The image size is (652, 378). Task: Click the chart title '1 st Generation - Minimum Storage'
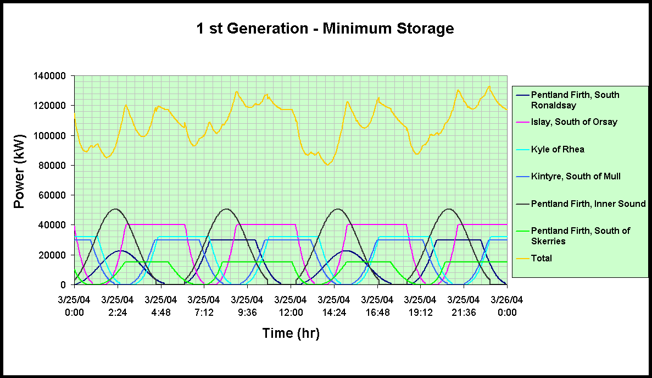[325, 29]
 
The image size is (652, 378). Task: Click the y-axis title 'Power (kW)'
[20, 172]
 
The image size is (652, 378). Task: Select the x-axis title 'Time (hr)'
[291, 333]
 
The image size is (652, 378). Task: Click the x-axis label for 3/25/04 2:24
[118, 306]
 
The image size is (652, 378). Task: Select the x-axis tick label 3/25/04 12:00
[291, 306]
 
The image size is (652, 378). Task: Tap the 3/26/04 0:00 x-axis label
[507, 306]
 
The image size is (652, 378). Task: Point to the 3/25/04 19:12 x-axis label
[420, 306]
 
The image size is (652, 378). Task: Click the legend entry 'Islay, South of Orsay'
[574, 122]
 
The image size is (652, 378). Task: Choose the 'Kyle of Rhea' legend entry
[558, 149]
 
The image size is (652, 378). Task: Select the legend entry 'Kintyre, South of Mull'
[576, 177]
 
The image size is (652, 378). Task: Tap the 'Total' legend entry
[542, 258]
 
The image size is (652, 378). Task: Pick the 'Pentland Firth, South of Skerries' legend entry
[580, 235]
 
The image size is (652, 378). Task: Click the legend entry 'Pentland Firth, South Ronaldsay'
[575, 100]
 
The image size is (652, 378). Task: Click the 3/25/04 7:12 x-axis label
[204, 306]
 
